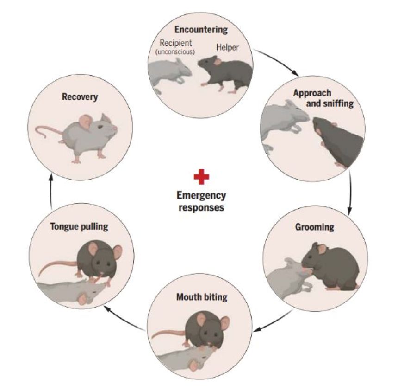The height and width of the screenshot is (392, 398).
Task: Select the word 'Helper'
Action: coord(227,47)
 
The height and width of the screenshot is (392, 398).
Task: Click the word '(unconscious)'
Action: coord(175,51)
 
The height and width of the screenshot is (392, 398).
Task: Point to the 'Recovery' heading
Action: coord(80,97)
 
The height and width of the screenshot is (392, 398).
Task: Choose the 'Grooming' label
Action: coord(314,227)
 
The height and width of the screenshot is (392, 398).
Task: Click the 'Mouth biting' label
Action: coord(202,297)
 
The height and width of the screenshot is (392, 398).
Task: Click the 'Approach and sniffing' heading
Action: coord(323,98)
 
